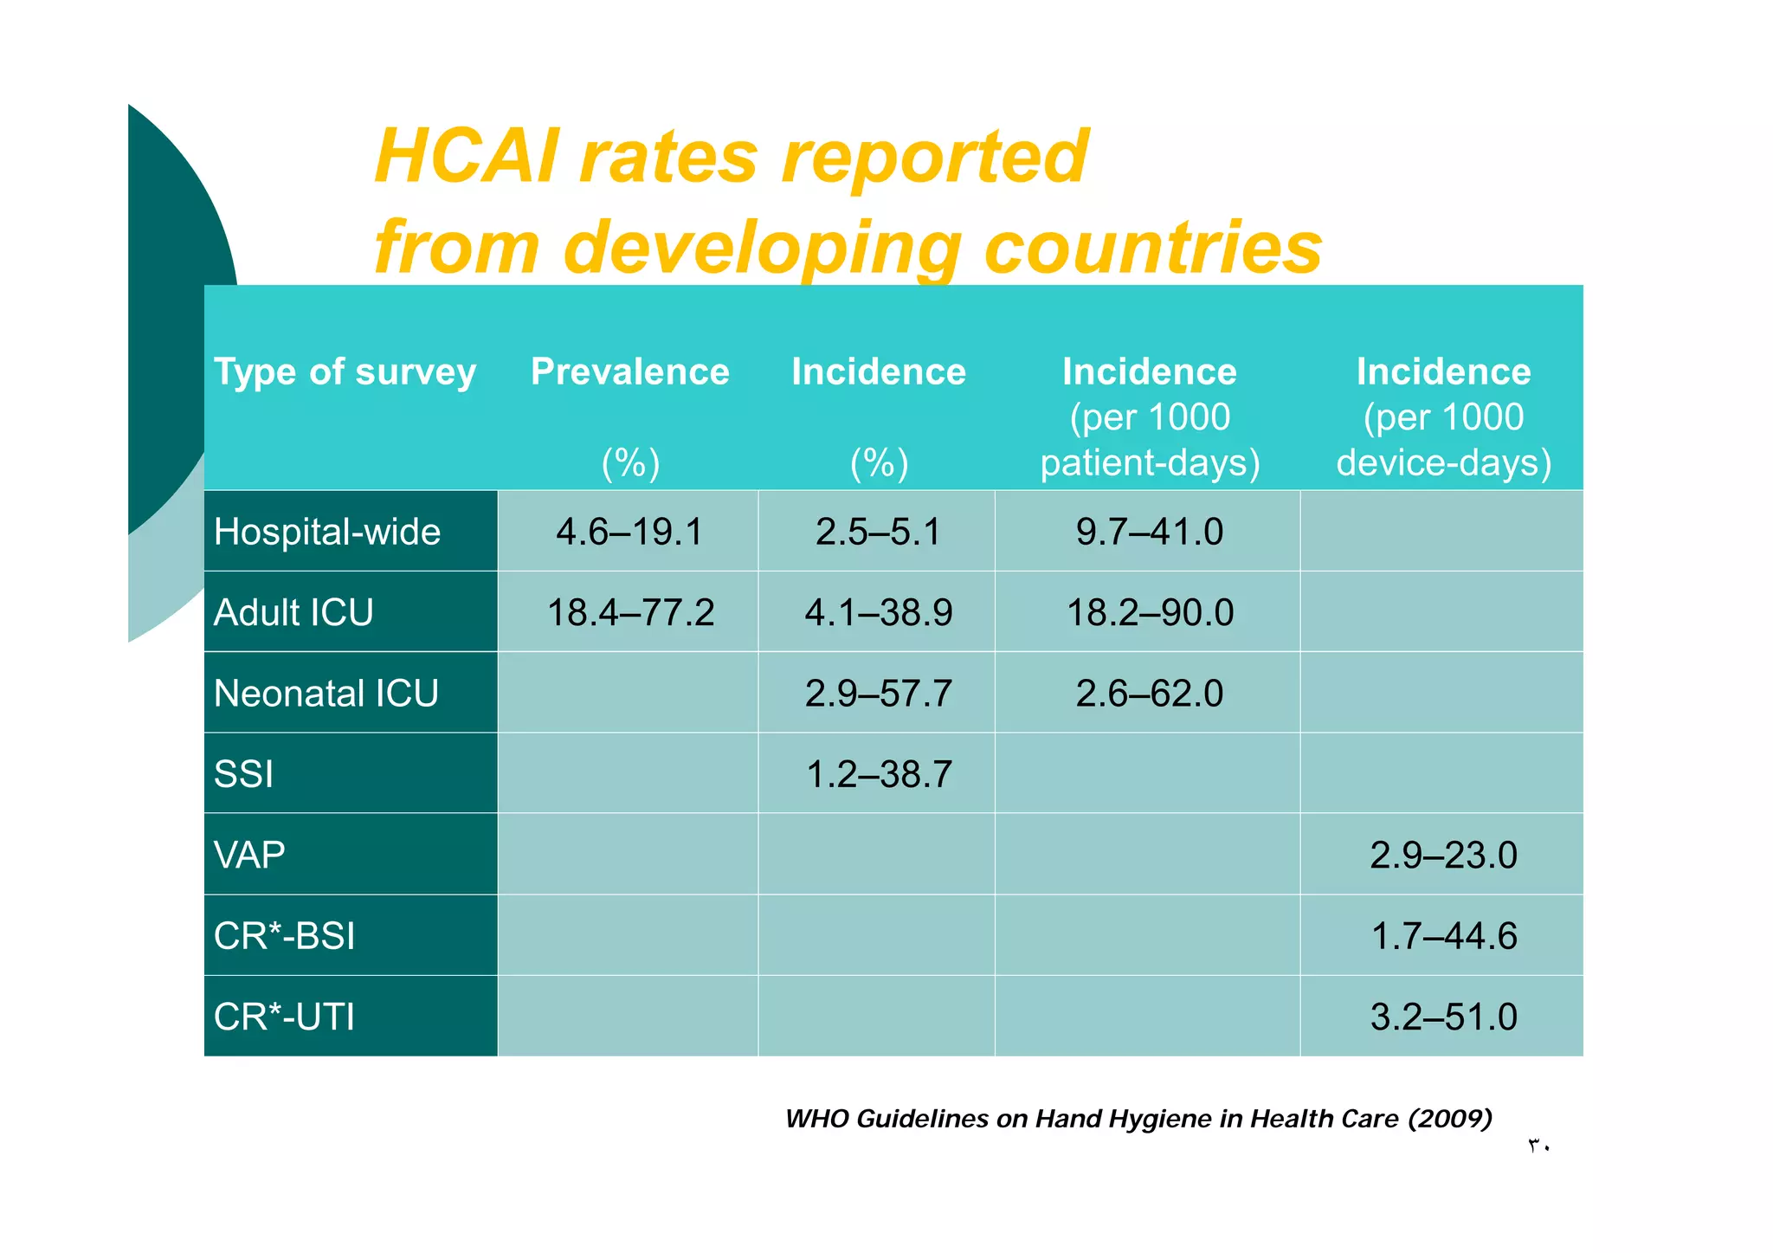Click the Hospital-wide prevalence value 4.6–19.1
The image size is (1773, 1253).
coord(630,532)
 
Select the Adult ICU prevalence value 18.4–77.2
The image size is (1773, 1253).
coord(630,613)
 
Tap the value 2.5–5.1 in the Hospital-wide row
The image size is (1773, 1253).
coord(878,532)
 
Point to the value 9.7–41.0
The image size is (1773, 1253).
coord(1150,532)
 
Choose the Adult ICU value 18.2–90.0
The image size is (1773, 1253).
coord(1150,613)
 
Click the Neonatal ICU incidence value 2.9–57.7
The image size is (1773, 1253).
coord(878,694)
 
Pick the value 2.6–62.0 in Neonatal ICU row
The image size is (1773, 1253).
coord(1150,694)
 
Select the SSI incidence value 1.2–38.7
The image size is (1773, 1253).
coord(878,774)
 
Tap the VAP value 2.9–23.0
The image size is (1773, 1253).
coord(1443,856)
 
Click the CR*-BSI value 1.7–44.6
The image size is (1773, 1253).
coord(1443,936)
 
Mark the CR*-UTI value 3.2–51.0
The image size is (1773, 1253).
coord(1443,1017)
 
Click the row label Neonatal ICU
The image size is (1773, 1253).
coord(326,694)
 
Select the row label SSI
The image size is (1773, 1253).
coord(243,774)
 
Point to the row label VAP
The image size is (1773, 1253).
coord(249,856)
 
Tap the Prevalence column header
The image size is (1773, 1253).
coord(630,371)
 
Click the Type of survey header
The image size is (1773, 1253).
coord(345,372)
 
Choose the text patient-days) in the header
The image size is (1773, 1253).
coord(1150,463)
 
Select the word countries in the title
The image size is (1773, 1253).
coord(1153,248)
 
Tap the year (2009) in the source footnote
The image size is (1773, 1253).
coord(1450,1119)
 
